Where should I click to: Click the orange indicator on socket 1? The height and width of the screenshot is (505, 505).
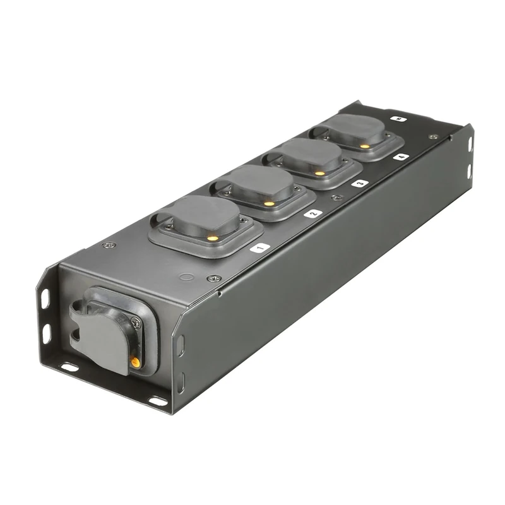(213, 239)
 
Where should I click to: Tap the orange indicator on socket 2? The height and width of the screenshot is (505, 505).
(270, 203)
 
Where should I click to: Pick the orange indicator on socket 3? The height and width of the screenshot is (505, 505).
(319, 172)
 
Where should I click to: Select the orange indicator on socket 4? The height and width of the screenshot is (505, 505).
(364, 146)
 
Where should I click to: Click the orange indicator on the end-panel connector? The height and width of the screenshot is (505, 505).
(135, 362)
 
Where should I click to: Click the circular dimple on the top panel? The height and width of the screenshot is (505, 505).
(185, 276)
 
